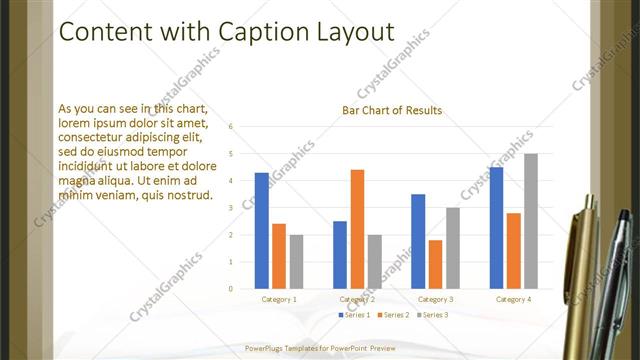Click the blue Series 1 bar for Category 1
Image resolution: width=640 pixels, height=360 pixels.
point(262,231)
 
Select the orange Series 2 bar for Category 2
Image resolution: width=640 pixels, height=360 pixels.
point(357,229)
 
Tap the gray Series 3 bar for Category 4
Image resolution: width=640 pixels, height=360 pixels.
point(531,221)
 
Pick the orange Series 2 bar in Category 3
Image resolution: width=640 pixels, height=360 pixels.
point(435,264)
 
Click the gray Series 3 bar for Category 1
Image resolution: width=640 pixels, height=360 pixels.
point(296,262)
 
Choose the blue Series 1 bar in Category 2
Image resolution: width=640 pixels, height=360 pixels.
point(340,255)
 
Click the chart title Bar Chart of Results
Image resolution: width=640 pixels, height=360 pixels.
point(392,110)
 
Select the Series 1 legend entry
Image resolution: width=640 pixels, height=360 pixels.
point(356,315)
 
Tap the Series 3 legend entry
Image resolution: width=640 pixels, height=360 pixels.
point(434,315)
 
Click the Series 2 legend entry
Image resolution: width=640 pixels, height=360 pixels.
point(395,315)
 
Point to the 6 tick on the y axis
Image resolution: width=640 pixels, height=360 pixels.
point(231,127)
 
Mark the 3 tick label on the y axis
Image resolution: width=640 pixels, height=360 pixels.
point(231,208)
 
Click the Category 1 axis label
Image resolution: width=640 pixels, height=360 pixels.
point(279,299)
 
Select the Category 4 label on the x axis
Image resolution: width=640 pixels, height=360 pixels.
point(514,299)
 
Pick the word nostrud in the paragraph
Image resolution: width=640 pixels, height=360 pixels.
point(186,194)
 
